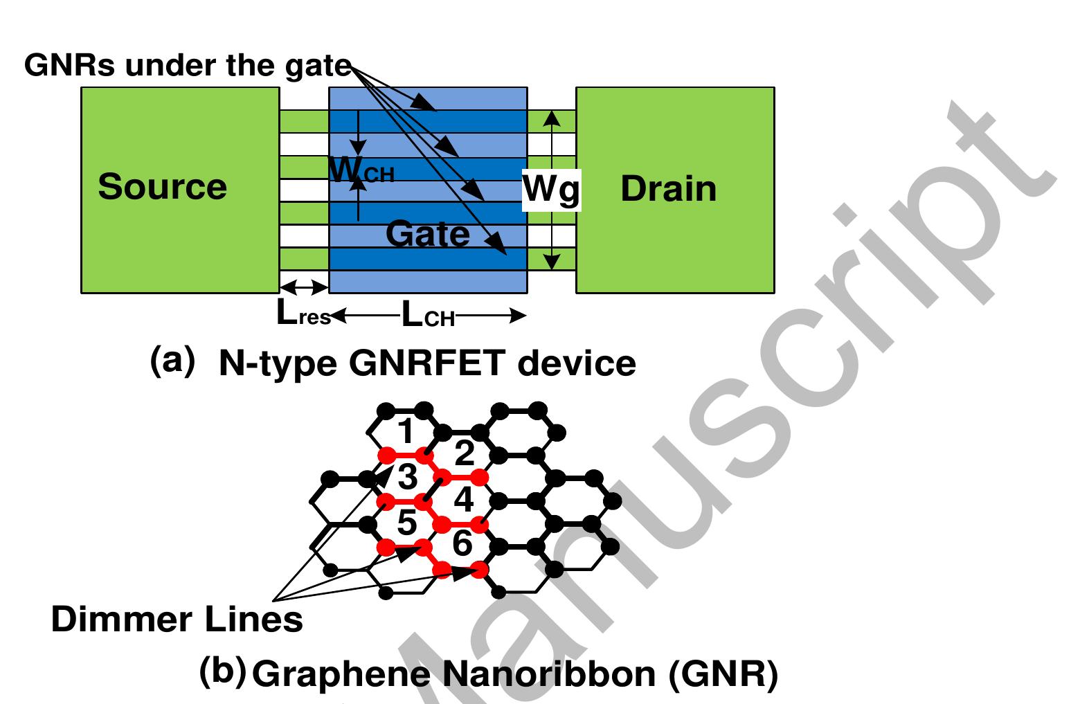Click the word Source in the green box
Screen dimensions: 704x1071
coord(162,187)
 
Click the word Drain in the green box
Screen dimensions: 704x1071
coord(668,189)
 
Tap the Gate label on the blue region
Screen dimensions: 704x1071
coord(427,234)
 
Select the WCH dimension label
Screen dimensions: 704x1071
coord(360,170)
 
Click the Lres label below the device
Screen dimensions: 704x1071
coord(303,316)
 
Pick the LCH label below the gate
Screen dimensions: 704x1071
coord(428,317)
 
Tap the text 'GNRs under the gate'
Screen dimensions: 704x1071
coord(188,66)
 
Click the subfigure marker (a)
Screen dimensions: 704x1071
coord(172,361)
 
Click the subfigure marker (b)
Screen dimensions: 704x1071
coord(222,671)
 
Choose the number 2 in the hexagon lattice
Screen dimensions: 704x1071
coord(463,454)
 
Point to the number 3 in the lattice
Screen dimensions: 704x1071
coord(406,478)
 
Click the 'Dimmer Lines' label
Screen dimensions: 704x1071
coord(177,620)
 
